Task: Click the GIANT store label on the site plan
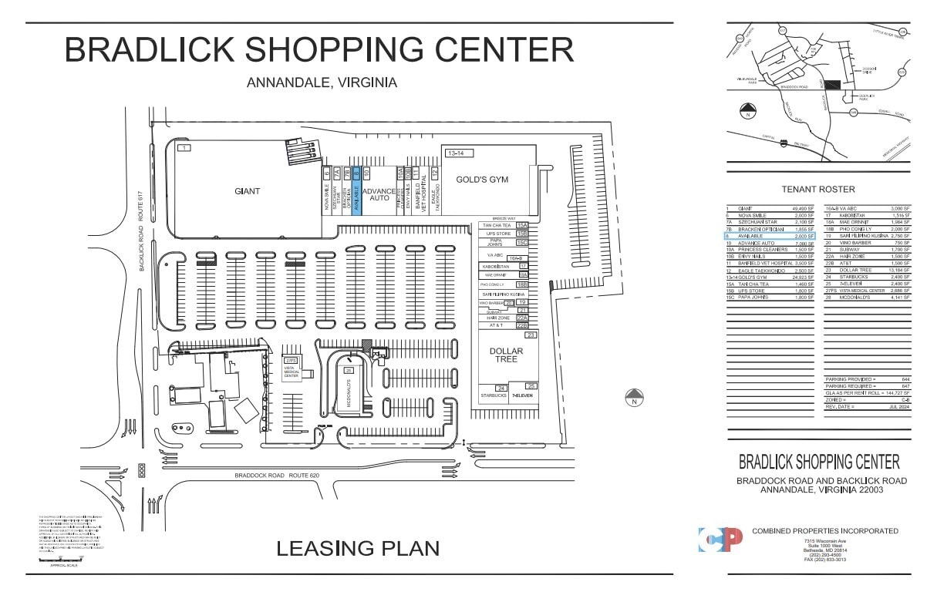[247, 191]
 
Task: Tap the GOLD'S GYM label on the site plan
[483, 180]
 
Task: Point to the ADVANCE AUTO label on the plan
[379, 195]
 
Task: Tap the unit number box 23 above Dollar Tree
[530, 335]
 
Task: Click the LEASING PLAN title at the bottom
[358, 548]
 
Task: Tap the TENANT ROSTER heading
[818, 190]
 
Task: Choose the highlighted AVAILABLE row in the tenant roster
[771, 236]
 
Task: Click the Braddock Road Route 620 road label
[276, 476]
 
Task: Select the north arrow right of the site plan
[634, 398]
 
